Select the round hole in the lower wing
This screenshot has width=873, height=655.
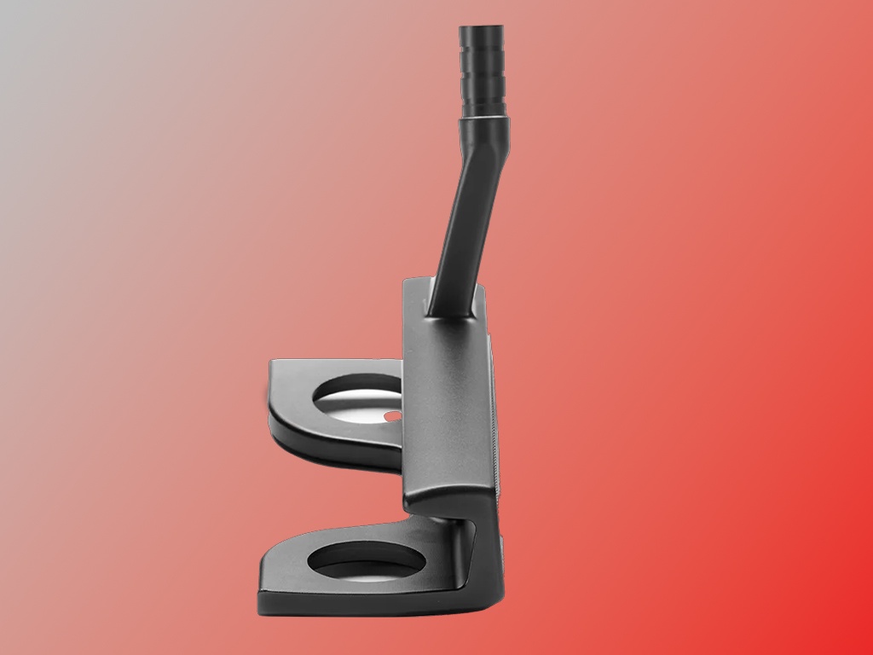pyautogui.click(x=365, y=563)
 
